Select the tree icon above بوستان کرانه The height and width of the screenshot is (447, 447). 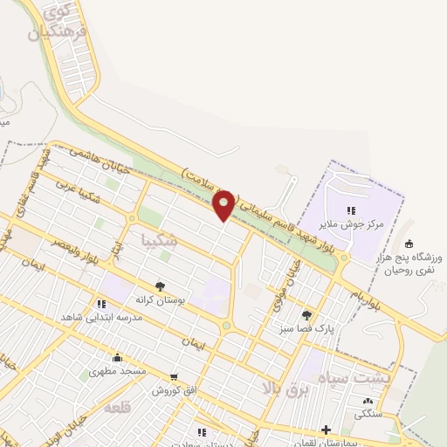tap(160, 285)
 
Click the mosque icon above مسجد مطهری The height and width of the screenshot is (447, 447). tap(117, 357)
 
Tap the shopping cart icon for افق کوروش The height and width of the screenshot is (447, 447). tap(174, 377)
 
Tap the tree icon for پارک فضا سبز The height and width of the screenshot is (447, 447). tap(306, 315)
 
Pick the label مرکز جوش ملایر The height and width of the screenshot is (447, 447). tap(354, 225)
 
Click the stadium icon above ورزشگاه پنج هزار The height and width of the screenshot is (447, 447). tap(410, 244)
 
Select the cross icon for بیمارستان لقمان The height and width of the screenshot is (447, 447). tap(326, 430)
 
